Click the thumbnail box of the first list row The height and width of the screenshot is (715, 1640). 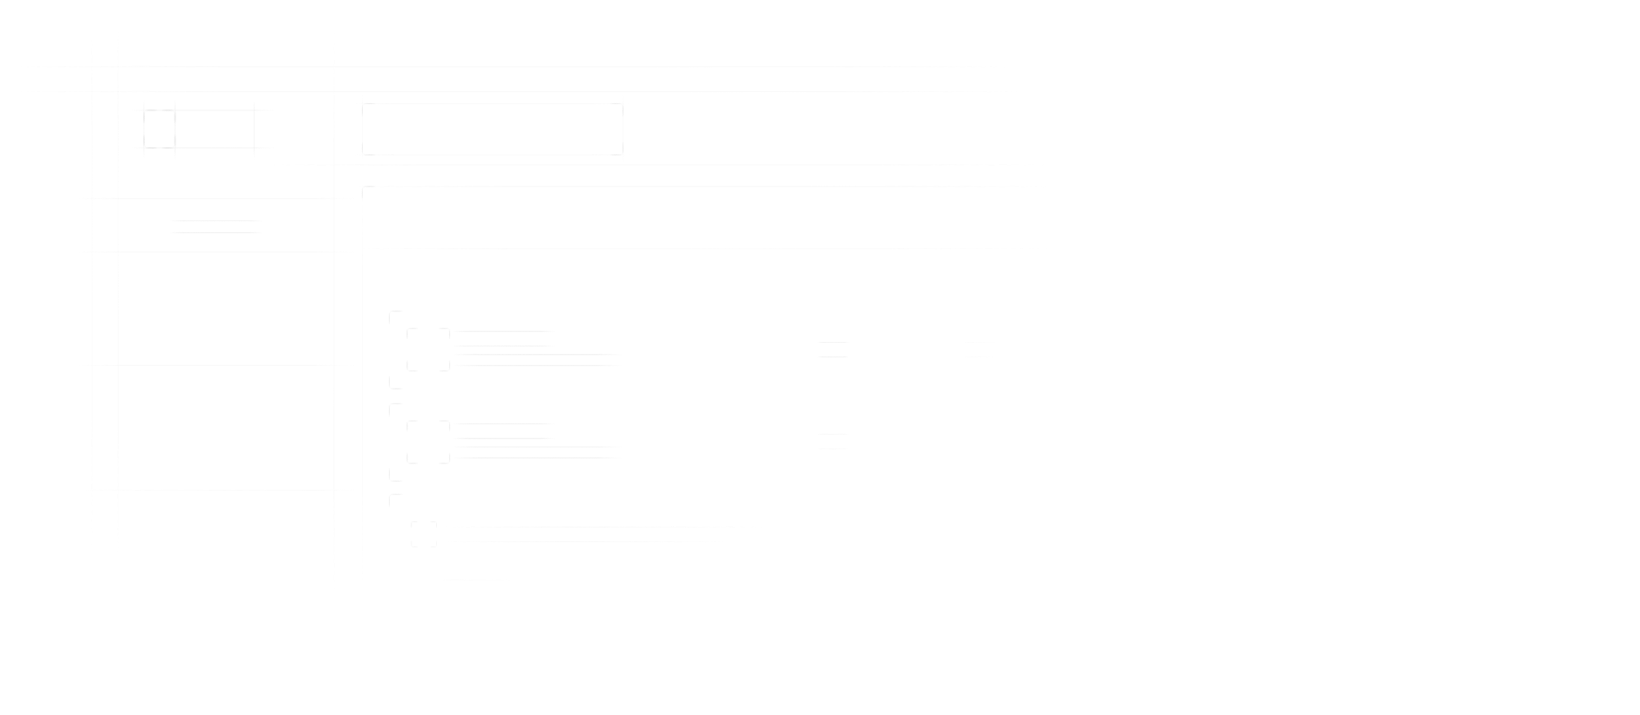pos(428,350)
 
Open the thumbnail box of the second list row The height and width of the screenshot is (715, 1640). pos(428,441)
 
